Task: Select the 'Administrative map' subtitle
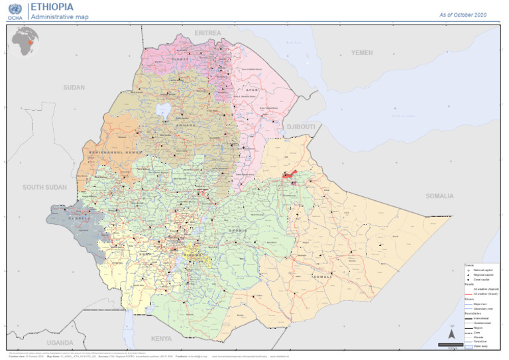(x=59, y=17)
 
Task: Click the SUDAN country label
(x=74, y=88)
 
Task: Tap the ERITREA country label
(x=208, y=32)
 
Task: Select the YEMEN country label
(x=362, y=52)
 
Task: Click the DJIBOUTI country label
(x=300, y=126)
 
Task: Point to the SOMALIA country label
(x=439, y=196)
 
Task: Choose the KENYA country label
(x=161, y=339)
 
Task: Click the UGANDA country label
(x=60, y=343)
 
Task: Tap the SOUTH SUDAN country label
(x=44, y=188)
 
